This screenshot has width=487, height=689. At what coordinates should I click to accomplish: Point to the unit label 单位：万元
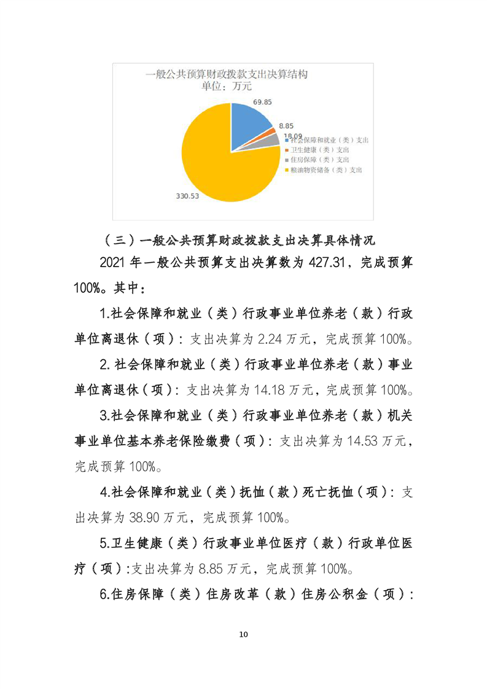224,87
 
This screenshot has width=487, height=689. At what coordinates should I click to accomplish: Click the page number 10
243,634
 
